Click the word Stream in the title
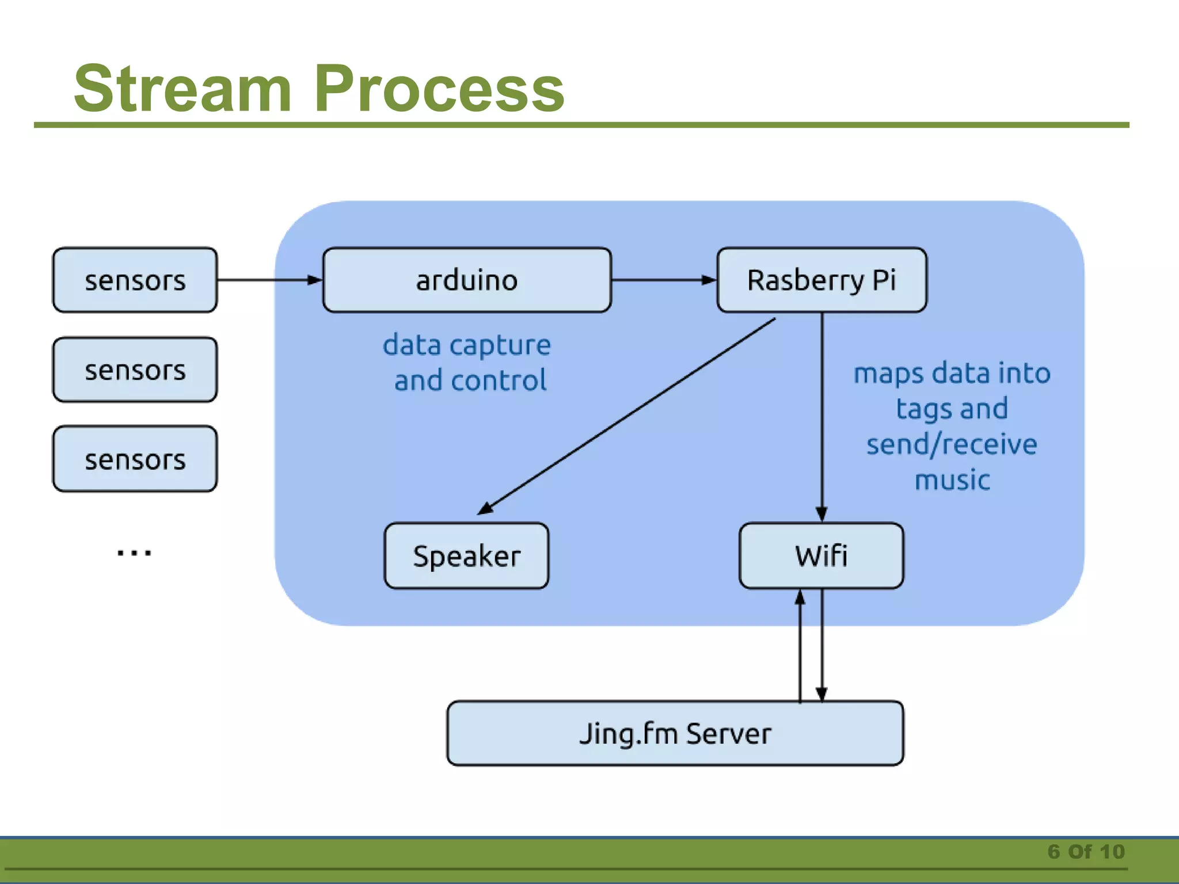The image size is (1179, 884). [x=183, y=89]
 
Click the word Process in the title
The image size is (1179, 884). [x=439, y=89]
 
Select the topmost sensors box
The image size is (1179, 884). [x=135, y=280]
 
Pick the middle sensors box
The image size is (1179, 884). [x=135, y=369]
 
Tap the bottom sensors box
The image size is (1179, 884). [x=135, y=459]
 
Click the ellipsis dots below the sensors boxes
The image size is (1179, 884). [x=134, y=553]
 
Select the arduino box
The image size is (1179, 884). [x=466, y=280]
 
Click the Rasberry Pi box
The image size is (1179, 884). [x=822, y=280]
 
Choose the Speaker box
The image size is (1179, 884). [x=466, y=555]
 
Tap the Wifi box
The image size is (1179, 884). [x=821, y=555]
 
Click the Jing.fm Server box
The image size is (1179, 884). [x=675, y=733]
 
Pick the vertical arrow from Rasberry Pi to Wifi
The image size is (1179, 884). [x=822, y=414]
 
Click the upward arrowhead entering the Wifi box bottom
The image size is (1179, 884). [x=800, y=599]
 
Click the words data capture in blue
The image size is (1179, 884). [x=466, y=345]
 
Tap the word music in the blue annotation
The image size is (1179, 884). [x=952, y=480]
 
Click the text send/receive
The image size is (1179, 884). [x=952, y=444]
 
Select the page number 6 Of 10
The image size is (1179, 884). [x=1086, y=851]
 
